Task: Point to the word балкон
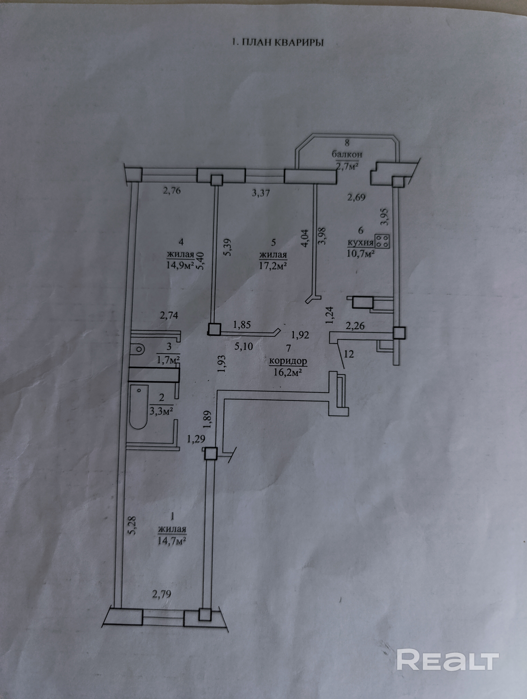[x=347, y=155]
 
